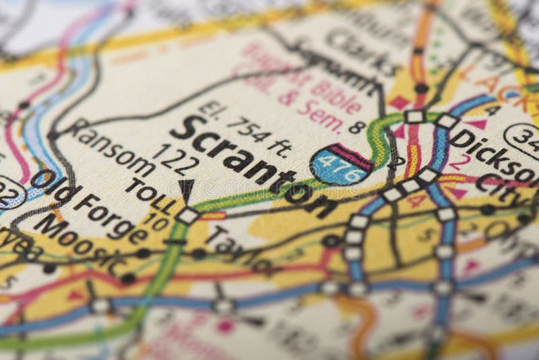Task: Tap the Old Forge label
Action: coord(88,206)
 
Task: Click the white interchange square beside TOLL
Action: coord(187,216)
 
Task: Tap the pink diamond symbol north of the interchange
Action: coord(400,102)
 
